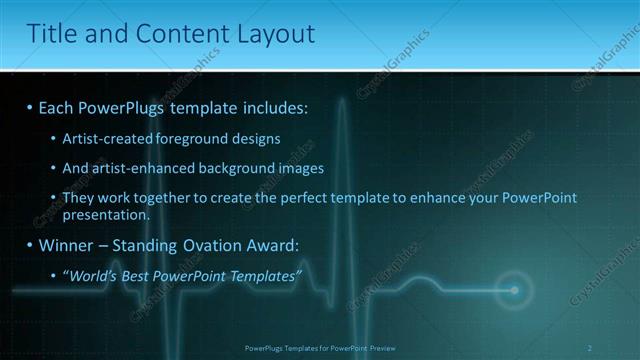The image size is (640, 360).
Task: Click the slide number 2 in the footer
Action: click(x=590, y=348)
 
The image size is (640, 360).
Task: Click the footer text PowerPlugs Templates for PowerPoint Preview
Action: click(x=320, y=348)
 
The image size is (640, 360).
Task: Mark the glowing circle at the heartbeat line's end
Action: click(x=515, y=290)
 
